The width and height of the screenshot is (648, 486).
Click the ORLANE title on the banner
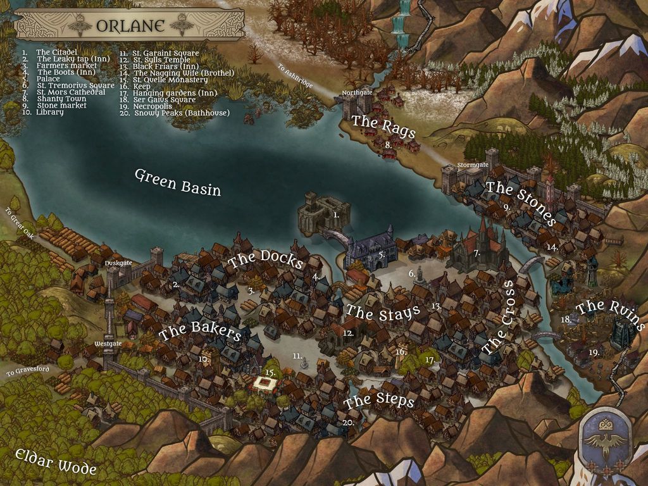pos(130,26)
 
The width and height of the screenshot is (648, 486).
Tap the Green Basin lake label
pos(178,182)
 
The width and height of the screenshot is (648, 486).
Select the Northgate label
pos(357,93)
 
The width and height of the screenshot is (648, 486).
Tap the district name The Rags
pos(383,126)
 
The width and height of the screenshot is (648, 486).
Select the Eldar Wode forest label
pos(56,461)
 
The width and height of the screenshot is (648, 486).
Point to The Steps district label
pos(380,401)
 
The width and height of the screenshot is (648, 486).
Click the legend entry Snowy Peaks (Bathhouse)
pos(182,113)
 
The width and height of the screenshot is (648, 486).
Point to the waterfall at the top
pos(401,22)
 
